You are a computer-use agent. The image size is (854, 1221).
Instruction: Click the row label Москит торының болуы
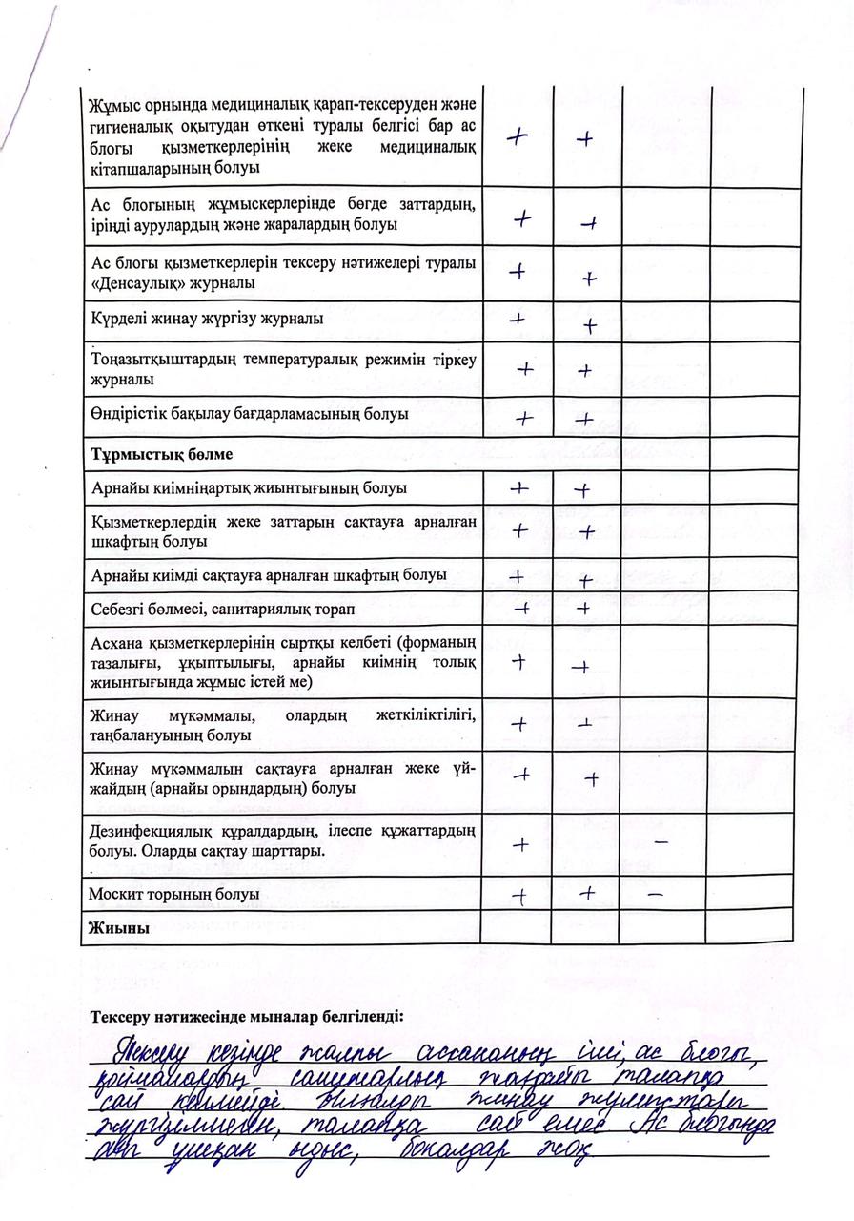tap(173, 895)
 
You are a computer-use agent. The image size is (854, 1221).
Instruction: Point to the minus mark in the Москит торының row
tap(655, 896)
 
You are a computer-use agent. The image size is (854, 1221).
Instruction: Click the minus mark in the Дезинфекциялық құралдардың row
tap(661, 843)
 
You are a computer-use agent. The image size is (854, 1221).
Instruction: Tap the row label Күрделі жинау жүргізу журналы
tap(207, 319)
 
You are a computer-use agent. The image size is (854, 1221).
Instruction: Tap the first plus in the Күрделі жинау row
tap(518, 319)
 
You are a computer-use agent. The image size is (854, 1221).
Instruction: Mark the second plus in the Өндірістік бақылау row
tap(585, 418)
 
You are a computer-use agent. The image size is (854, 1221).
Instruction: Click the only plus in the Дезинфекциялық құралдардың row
tap(520, 844)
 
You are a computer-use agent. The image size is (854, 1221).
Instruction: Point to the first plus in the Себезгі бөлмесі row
tap(520, 608)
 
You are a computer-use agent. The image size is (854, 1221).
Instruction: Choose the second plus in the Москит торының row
tap(588, 894)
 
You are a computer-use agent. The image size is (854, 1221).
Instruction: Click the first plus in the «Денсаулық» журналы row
tap(518, 271)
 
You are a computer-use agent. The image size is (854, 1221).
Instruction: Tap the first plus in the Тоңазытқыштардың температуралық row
tap(523, 367)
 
